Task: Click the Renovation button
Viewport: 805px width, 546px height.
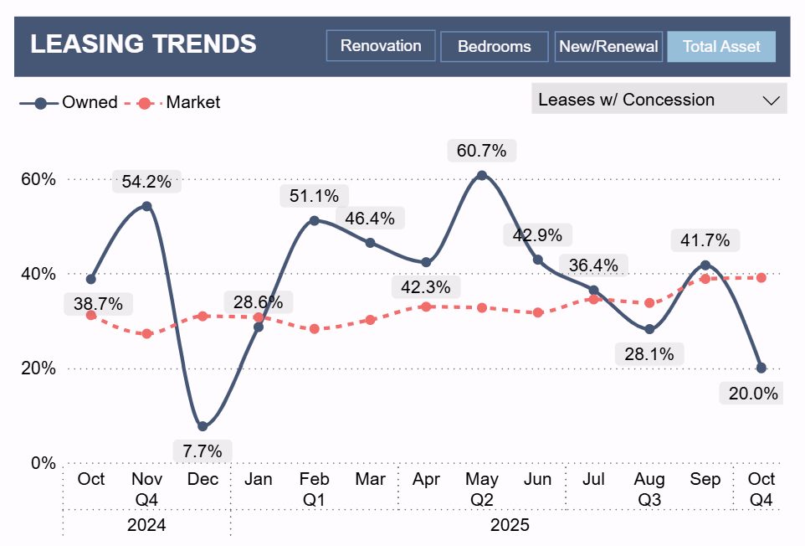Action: coord(381,46)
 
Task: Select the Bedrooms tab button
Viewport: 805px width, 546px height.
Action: coord(494,47)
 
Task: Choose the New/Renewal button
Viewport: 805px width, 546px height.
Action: coord(608,47)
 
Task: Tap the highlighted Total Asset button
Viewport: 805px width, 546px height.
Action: coord(720,47)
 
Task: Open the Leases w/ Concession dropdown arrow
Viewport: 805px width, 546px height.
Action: coord(771,100)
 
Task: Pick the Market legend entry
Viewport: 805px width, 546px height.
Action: coord(192,103)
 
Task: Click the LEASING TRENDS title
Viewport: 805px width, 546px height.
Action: coord(143,44)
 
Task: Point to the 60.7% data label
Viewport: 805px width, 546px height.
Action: coord(481,152)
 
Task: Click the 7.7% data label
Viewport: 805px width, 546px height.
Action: coord(202,451)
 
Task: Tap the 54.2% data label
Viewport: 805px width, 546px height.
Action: coord(146,181)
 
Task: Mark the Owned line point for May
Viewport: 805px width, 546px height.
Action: coord(481,176)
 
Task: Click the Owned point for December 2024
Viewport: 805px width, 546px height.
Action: coord(203,426)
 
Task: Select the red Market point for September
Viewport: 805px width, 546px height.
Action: coord(705,278)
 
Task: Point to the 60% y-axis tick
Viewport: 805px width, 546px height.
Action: coord(38,179)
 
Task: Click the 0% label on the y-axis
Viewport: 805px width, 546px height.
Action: coord(42,463)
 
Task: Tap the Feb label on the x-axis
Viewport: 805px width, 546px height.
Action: coord(314,480)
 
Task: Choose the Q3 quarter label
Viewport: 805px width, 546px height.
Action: coord(649,500)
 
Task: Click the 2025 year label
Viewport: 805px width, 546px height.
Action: coord(509,526)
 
